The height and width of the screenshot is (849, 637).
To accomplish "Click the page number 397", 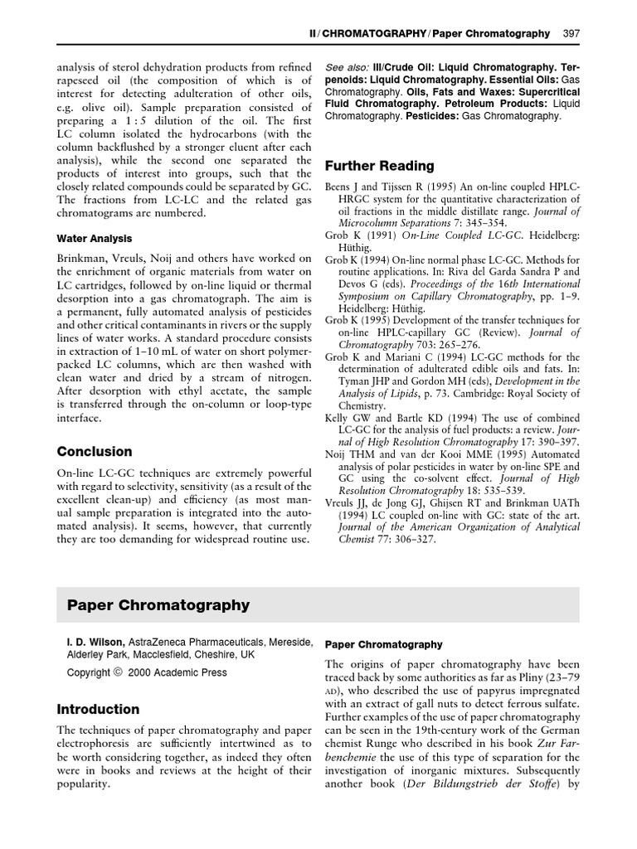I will point(571,34).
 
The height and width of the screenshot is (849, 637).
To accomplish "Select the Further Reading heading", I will point(379,166).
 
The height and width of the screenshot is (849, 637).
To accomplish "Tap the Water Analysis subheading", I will point(95,239).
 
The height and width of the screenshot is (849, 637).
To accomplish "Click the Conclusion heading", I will point(94,452).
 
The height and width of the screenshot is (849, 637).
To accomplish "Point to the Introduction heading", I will point(98,710).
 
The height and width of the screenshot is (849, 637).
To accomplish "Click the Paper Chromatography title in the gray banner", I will point(158,605).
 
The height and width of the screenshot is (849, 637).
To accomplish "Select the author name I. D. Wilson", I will point(95,643).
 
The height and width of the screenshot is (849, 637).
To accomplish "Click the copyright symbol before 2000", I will point(118,672).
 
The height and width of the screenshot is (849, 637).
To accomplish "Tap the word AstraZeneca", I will point(158,643).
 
